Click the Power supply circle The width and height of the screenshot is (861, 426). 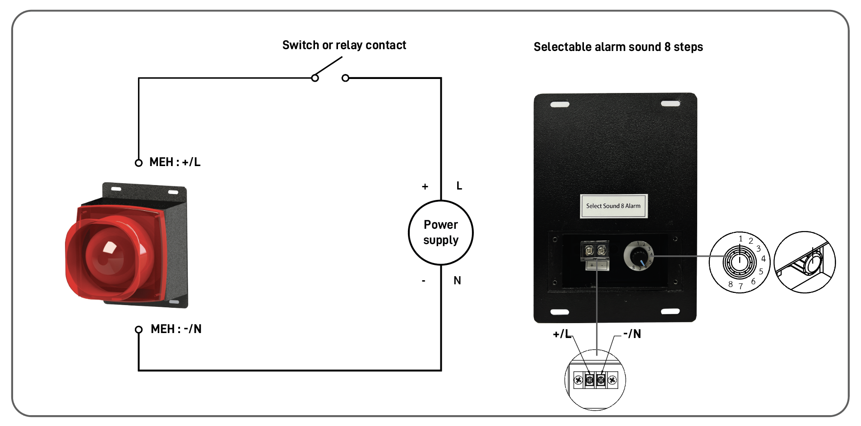(x=440, y=232)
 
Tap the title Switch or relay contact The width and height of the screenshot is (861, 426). (x=344, y=45)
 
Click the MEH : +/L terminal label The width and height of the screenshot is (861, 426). (x=175, y=162)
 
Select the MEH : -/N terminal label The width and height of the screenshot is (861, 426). (x=176, y=329)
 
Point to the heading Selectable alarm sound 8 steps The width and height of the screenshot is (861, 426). (x=618, y=47)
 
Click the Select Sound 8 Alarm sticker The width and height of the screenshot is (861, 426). (x=613, y=206)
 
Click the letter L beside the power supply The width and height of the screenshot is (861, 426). (x=459, y=186)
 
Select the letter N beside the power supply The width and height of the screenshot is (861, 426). (x=457, y=281)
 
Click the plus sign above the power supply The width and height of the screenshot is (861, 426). (x=425, y=186)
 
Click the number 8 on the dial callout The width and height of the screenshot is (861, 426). (x=730, y=284)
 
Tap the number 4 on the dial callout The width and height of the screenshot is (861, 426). (x=763, y=259)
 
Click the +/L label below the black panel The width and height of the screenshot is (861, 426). (x=562, y=334)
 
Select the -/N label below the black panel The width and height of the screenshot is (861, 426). (x=632, y=334)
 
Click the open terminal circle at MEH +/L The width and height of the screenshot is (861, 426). (x=139, y=163)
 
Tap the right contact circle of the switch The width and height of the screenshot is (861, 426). (x=345, y=78)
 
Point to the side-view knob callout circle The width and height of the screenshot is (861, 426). (x=805, y=262)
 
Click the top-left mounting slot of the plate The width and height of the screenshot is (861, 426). (x=560, y=104)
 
